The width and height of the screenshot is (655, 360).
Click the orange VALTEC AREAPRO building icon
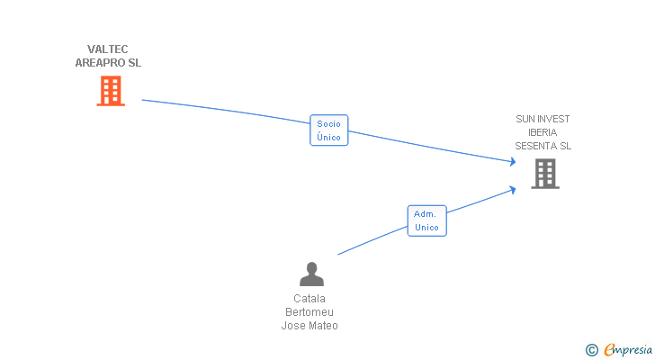[x=110, y=91]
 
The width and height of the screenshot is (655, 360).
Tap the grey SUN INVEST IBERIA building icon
[x=544, y=173]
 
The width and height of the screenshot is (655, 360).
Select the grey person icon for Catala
[x=311, y=274]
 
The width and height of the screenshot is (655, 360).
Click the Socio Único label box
[x=328, y=130]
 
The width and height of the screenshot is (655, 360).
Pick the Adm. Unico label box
[x=426, y=220]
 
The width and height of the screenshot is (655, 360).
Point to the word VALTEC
[x=108, y=49]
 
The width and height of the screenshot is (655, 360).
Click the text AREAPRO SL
[x=108, y=63]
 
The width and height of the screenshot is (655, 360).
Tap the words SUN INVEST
[x=543, y=119]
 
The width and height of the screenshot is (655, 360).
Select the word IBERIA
[x=543, y=132]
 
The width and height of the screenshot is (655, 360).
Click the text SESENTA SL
[x=543, y=146]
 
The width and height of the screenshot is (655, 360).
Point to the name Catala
[x=310, y=299]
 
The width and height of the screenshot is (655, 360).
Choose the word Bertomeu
[x=310, y=312]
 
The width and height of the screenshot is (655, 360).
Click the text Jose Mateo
[x=310, y=326]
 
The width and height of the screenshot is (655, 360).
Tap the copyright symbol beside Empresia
[x=591, y=350]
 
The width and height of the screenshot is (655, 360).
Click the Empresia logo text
[x=628, y=349]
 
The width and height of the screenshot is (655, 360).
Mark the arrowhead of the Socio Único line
[x=513, y=162]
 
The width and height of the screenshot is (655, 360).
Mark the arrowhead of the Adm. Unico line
[x=513, y=189]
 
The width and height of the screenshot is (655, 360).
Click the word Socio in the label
[x=328, y=123]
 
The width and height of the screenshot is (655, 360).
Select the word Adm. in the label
[x=426, y=213]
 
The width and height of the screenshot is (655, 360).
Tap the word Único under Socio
[x=328, y=138]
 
